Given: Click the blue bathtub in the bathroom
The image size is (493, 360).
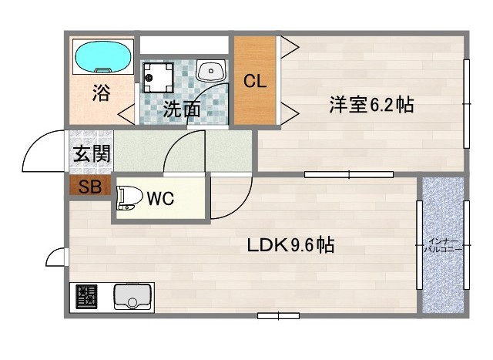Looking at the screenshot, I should (103, 56).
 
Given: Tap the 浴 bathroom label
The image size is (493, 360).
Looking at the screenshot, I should (101, 93).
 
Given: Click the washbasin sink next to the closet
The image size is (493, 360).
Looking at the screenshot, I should (210, 72).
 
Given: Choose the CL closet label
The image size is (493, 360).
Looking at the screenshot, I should (255, 80).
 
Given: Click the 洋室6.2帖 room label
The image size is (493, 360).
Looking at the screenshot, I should (371, 106).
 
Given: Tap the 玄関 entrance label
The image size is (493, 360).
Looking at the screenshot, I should (92, 153).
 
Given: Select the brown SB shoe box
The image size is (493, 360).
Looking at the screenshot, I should (89, 187).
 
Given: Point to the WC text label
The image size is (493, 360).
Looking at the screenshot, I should (160, 198).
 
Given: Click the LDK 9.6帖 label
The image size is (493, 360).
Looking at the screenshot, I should (290, 246).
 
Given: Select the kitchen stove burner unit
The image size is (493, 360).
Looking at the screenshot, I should (86, 296).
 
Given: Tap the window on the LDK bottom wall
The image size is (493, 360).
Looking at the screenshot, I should (278, 315).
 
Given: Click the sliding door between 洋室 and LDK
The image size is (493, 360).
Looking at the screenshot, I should (349, 175).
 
